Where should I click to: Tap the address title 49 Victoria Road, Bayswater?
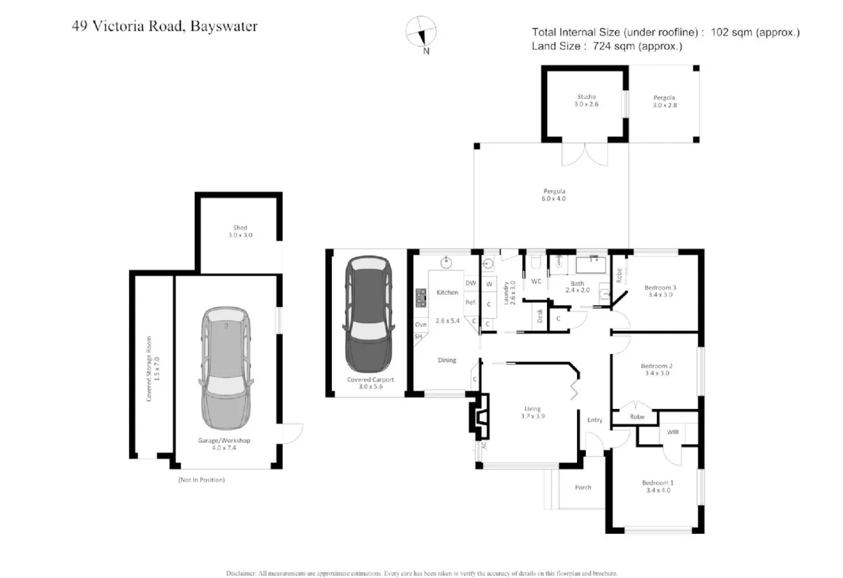(x=164, y=26)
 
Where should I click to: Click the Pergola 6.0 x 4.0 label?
(x=554, y=195)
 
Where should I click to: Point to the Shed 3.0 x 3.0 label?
(x=240, y=231)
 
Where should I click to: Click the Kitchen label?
(x=447, y=292)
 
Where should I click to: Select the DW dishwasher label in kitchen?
(x=470, y=283)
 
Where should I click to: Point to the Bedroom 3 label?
(x=660, y=287)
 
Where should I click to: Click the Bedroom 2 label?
(x=656, y=367)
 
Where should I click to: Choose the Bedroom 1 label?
(x=656, y=483)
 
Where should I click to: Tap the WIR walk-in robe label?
(x=672, y=431)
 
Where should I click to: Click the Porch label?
(x=583, y=487)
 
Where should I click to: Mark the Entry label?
(x=595, y=420)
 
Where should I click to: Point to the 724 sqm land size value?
(x=614, y=46)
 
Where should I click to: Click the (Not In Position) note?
(x=202, y=480)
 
